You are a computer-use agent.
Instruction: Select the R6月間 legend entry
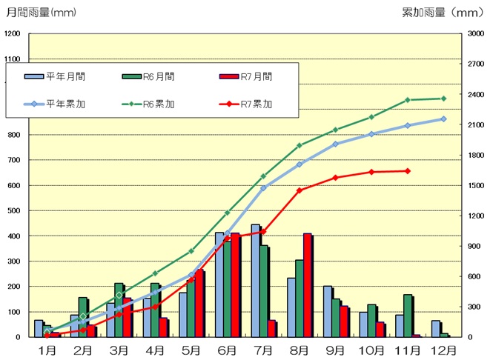tap(149, 76)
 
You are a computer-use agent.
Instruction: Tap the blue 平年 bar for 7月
tap(255, 281)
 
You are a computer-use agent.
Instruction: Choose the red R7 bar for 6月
tap(234, 285)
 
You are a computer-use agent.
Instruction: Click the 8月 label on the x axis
tap(300, 349)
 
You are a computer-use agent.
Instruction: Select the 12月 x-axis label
tap(443, 349)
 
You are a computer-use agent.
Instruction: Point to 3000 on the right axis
tap(474, 34)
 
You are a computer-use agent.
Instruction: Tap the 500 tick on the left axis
tap(13, 210)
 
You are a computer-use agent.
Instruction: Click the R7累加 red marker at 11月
tap(407, 171)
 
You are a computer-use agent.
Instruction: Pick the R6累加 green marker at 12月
tap(443, 99)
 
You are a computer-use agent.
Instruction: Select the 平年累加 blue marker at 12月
tap(443, 119)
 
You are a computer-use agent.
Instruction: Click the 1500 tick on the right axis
tap(474, 185)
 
